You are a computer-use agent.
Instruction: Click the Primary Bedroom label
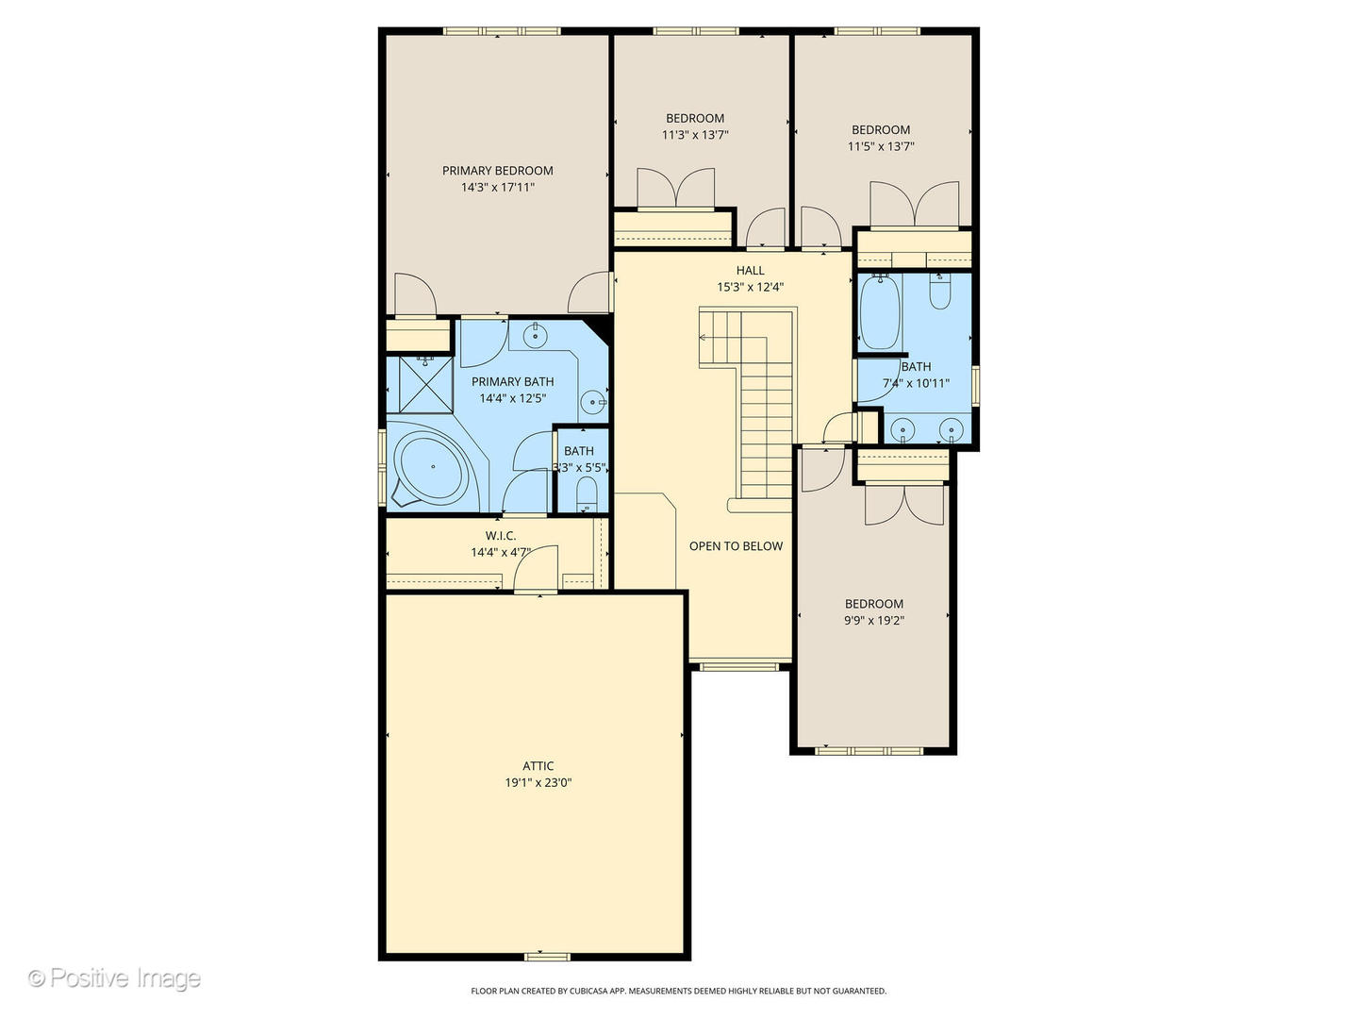[x=497, y=170]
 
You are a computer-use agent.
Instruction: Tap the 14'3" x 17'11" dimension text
[x=497, y=187]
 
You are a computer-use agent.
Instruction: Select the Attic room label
[x=538, y=765]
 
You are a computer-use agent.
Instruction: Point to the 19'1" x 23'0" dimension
[x=538, y=782]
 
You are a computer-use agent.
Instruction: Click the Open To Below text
[x=736, y=545]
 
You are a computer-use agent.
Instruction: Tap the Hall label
[x=750, y=270]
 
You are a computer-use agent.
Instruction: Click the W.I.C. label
[x=501, y=535]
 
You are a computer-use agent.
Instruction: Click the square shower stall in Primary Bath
[x=425, y=384]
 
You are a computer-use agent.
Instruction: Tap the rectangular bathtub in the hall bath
[x=880, y=311]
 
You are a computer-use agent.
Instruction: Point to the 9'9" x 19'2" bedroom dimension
[x=873, y=620]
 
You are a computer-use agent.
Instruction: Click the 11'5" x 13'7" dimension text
[x=881, y=146]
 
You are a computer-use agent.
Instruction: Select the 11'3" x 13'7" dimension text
[x=695, y=134]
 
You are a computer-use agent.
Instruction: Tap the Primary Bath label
[x=512, y=381]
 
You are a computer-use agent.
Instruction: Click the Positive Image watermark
[x=114, y=978]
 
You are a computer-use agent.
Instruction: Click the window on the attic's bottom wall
[x=547, y=957]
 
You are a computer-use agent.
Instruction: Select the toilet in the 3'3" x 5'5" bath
[x=586, y=494]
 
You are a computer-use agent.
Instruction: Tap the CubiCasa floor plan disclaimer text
[x=678, y=991]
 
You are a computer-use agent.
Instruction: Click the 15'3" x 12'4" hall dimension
[x=750, y=287]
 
